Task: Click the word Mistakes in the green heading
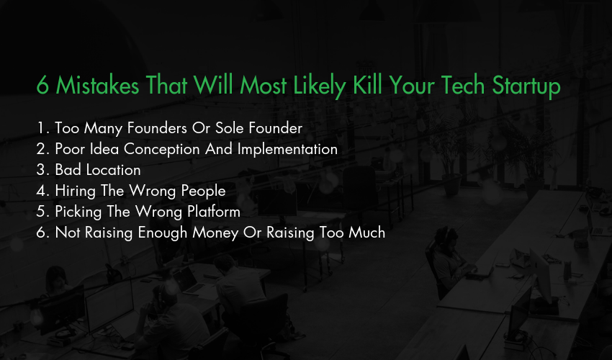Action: pyautogui.click(x=97, y=85)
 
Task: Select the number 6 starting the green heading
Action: pyautogui.click(x=42, y=86)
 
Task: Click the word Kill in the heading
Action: pyautogui.click(x=367, y=85)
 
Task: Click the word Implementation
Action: pyautogui.click(x=287, y=150)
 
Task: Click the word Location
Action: pyautogui.click(x=113, y=170)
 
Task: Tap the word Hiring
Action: pyautogui.click(x=76, y=192)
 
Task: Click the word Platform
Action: pyautogui.click(x=214, y=212)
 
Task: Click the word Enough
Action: pyautogui.click(x=163, y=233)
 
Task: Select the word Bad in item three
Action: pyautogui.click(x=68, y=170)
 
